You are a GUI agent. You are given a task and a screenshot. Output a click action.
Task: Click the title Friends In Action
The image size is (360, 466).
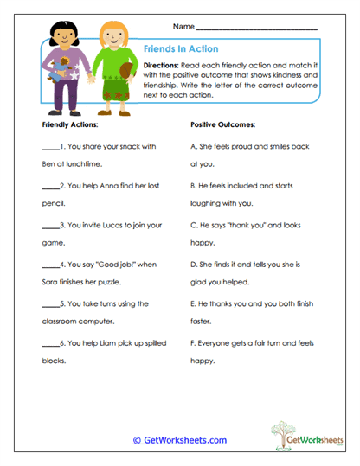(x=180, y=49)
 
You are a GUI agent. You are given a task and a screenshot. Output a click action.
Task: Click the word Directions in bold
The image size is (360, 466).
(x=161, y=65)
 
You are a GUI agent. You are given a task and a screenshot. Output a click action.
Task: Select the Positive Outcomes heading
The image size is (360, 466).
(x=222, y=125)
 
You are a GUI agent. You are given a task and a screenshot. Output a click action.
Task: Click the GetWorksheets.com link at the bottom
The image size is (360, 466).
(x=179, y=440)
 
